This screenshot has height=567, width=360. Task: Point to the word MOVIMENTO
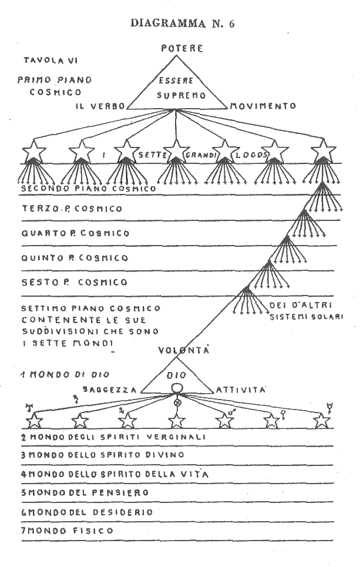pyautogui.click(x=263, y=106)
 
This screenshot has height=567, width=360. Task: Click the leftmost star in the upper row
pyautogui.click(x=35, y=152)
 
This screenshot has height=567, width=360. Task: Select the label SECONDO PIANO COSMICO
pyautogui.click(x=88, y=189)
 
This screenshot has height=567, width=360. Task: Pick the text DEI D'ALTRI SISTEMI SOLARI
pyautogui.click(x=305, y=311)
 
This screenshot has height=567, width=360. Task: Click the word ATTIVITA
pyautogui.click(x=241, y=390)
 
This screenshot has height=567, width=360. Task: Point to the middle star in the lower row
pyautogui.click(x=177, y=421)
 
